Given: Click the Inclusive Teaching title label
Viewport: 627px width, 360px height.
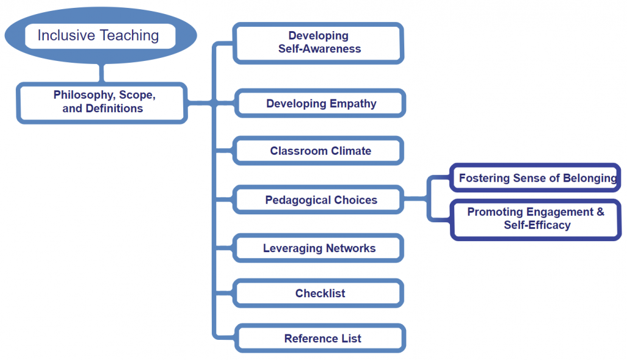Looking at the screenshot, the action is (x=99, y=35).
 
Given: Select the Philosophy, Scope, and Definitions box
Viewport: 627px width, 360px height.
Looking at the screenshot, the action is (x=102, y=103).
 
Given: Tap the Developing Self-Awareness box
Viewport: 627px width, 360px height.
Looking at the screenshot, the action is (x=318, y=43).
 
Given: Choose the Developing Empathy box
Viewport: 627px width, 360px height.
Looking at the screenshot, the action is (x=320, y=103).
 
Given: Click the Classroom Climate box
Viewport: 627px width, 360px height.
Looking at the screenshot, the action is (x=318, y=151).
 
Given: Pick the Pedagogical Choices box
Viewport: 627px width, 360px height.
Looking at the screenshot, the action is (x=318, y=200).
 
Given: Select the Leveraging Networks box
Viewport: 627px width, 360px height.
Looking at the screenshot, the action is (x=318, y=248).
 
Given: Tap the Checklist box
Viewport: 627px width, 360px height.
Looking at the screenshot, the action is (x=318, y=293).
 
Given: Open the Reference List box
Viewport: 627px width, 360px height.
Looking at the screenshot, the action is (x=320, y=339).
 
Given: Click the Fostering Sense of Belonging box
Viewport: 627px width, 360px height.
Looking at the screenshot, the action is (x=536, y=178).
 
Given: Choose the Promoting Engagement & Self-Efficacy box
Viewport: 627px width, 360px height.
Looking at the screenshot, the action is (x=536, y=220).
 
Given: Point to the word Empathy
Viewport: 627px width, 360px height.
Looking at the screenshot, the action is (x=353, y=104).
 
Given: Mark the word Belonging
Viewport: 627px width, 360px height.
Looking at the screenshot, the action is (x=590, y=178).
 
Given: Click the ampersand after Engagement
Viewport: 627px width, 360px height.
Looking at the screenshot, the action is (x=600, y=211).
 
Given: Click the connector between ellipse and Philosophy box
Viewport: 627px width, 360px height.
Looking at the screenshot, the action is (x=102, y=73).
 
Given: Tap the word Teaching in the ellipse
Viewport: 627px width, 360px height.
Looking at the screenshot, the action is (x=129, y=35).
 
